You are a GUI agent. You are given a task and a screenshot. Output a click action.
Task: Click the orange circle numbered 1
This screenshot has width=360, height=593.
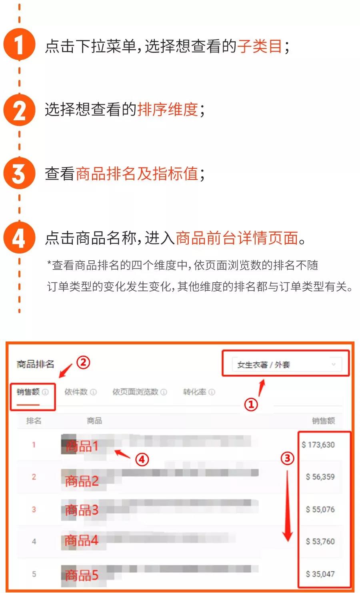[x=19, y=45]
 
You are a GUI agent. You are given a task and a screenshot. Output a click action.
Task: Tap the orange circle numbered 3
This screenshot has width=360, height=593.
[x=19, y=174]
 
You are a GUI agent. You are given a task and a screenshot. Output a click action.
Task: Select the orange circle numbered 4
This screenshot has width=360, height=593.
[x=19, y=238]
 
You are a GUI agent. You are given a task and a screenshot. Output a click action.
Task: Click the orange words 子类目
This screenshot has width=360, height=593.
[x=260, y=46]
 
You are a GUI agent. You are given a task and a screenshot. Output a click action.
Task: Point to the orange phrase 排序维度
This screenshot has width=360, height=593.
[x=168, y=109]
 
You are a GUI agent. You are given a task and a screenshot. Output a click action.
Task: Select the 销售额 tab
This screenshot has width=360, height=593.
[x=28, y=392]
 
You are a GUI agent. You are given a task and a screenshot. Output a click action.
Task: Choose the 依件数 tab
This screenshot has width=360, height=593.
[x=76, y=392]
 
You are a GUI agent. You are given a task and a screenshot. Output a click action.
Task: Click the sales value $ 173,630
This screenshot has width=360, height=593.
[x=318, y=445]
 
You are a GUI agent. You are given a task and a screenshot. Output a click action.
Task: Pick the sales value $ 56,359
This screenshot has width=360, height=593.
[x=320, y=477]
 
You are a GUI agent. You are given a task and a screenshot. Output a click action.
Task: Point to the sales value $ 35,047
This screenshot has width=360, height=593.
[x=320, y=574]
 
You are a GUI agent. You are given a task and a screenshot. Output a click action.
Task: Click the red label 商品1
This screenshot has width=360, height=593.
[x=82, y=446]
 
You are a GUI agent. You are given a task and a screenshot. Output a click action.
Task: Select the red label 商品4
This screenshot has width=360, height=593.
[x=82, y=541]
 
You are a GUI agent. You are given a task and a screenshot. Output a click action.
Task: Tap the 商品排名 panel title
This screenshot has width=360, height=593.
[x=35, y=364]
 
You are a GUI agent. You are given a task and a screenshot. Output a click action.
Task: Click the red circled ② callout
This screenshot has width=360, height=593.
[x=83, y=363]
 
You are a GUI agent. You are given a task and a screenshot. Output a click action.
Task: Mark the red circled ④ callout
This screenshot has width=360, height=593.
[x=142, y=459]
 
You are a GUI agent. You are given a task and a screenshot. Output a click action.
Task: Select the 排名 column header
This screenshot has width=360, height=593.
[x=34, y=421]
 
